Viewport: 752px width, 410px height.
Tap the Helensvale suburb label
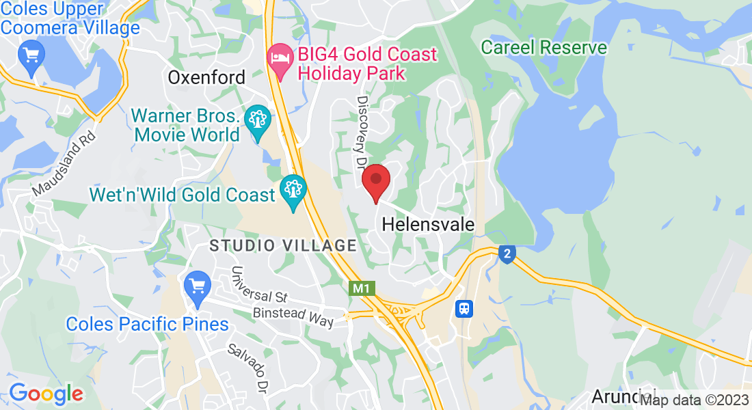[428, 224]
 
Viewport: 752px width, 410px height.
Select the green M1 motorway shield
[362, 288]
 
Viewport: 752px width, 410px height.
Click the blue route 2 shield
[506, 254]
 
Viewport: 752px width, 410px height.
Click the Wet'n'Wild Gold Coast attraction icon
[294, 191]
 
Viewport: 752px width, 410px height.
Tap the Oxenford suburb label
[206, 78]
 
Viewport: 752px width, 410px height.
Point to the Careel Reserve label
[543, 48]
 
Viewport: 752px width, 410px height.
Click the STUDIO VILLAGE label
[283, 245]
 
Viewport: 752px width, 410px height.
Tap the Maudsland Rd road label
[63, 163]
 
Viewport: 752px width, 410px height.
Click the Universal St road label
[260, 286]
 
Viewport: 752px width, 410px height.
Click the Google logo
[46, 394]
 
